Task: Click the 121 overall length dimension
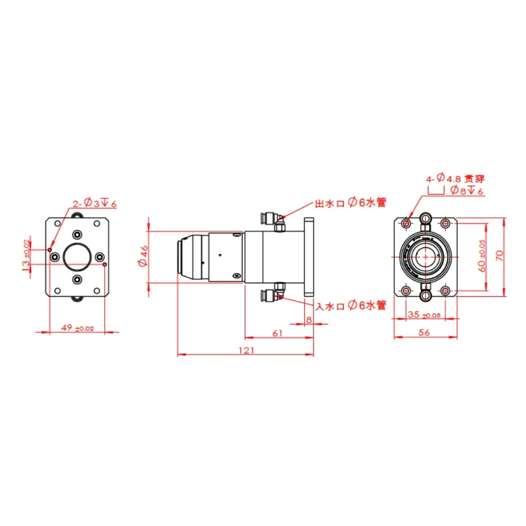pos(246,350)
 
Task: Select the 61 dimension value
pos(277,333)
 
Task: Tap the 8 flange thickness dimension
pos(309,320)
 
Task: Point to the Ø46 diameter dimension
pos(143,256)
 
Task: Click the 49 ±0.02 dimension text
pos(77,328)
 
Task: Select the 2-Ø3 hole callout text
pos(95,203)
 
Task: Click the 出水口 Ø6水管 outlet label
pos(350,203)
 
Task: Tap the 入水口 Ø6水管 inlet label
pos(351,306)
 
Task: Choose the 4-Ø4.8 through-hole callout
pos(456,178)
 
